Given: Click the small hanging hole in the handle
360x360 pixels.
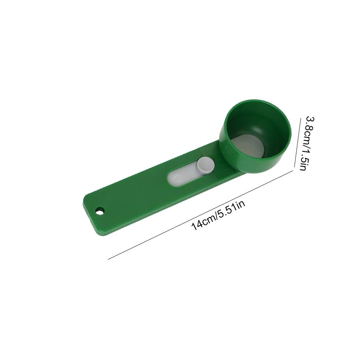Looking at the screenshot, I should click(99, 210).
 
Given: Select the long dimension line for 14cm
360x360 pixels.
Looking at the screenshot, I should click(200, 214).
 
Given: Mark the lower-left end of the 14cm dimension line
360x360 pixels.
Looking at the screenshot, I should click(108, 259).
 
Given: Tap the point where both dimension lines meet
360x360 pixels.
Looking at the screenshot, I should click(293, 170).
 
